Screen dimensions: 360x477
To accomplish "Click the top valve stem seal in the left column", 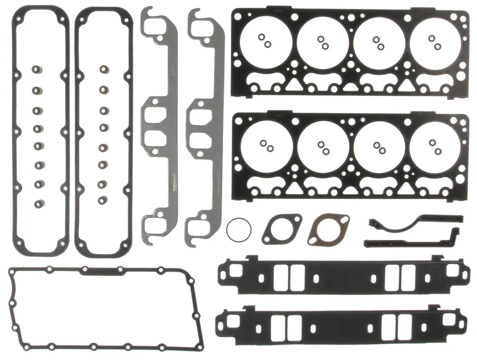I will [37, 70].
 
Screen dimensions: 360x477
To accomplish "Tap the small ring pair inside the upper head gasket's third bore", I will [379, 43].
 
